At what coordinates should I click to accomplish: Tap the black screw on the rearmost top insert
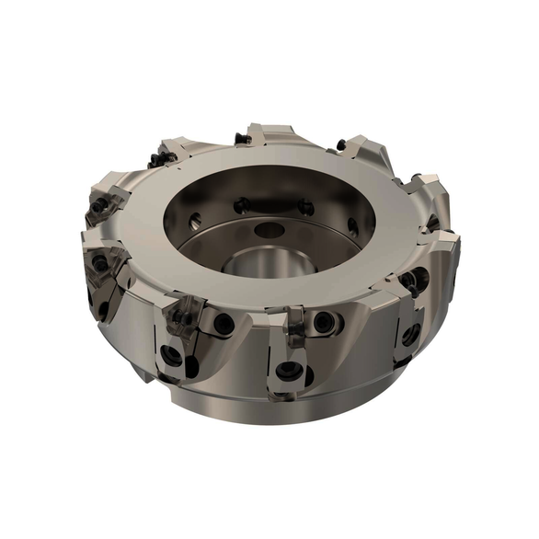242,139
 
